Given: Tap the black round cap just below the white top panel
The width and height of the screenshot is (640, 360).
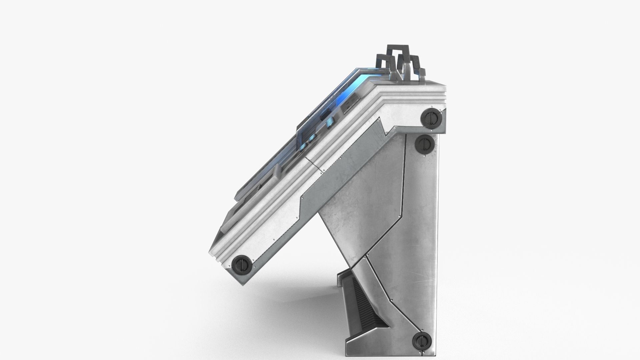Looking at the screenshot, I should coord(424,145).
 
